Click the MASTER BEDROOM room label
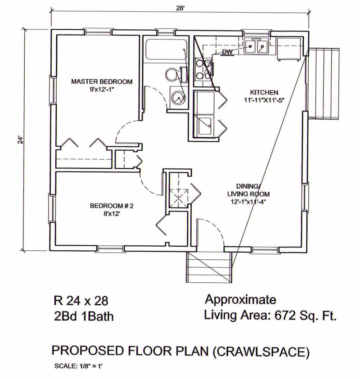102,81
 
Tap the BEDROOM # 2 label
112,206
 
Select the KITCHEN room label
264,92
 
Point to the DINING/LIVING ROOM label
248,190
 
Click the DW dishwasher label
227,52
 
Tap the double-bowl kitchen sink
256,46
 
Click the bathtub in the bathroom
166,50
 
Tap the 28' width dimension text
180,8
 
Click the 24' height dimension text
21,140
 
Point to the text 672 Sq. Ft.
306,316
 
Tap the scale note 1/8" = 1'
91,366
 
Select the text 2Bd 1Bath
84,316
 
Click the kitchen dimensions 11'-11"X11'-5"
264,100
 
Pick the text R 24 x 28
81,301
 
